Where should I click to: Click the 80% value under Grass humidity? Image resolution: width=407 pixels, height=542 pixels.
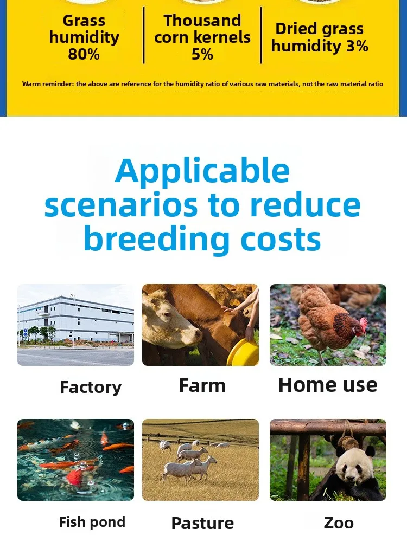point(84,54)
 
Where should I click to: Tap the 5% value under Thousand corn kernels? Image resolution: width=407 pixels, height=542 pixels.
point(202,54)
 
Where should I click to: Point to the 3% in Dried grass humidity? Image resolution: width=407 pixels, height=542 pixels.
point(357,46)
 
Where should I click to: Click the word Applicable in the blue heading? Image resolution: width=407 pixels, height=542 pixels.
point(202,172)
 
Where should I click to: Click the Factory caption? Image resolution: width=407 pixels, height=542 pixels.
point(91,387)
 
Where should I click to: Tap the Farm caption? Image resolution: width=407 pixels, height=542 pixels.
point(202,385)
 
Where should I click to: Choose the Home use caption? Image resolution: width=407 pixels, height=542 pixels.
point(328,385)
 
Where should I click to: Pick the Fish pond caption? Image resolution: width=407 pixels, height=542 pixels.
point(92,522)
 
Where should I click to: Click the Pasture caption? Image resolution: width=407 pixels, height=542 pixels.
point(202,523)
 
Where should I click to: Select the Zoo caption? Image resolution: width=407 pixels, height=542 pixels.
point(339,523)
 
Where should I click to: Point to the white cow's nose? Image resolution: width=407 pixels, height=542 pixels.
point(198,334)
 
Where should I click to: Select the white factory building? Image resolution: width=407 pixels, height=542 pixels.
point(75,319)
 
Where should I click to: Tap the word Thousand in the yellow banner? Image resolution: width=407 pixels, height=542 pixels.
point(202,21)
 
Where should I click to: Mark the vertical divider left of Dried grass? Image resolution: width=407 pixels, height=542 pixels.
point(261,35)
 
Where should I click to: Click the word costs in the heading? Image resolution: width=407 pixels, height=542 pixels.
point(281,239)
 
